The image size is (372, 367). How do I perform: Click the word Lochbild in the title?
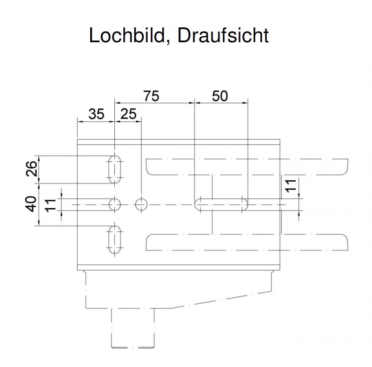[127, 35]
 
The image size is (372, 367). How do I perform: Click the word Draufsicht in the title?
[223, 35]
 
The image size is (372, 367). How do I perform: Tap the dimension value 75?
[152, 96]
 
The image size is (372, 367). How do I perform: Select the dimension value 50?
[220, 96]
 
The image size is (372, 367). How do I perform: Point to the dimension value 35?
[96, 114]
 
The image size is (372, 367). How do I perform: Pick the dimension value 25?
[129, 114]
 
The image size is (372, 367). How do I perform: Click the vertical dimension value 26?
[32, 169]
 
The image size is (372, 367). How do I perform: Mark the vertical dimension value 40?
[31, 204]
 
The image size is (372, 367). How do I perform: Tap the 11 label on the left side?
[50, 205]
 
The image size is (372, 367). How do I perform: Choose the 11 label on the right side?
[291, 186]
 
